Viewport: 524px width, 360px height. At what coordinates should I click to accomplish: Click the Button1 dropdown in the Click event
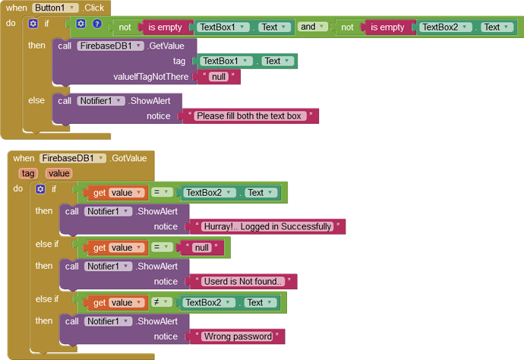pos(55,8)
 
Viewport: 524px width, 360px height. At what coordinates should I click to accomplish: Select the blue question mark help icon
pos(97,24)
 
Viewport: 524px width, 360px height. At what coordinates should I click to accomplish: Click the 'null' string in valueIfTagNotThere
pos(218,77)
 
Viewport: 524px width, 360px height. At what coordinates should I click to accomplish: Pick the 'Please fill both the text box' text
pos(249,116)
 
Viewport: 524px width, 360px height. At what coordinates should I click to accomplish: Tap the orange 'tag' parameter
pos(28,173)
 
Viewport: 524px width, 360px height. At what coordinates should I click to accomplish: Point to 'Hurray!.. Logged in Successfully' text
pos(267,226)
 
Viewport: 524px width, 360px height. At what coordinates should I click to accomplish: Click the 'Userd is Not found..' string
pos(243,282)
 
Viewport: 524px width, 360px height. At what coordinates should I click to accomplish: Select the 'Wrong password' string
pos(238,336)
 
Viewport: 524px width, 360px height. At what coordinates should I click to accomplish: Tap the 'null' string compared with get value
pos(201,248)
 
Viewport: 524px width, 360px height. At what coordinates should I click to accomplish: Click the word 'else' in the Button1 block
pos(36,100)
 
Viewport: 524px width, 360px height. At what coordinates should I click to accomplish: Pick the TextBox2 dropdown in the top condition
pos(447,27)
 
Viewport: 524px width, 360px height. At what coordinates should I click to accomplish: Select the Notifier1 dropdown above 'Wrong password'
pos(106,321)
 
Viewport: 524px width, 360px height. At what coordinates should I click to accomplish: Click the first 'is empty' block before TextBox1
pos(165,27)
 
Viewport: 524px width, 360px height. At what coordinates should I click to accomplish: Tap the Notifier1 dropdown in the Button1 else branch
pos(100,100)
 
